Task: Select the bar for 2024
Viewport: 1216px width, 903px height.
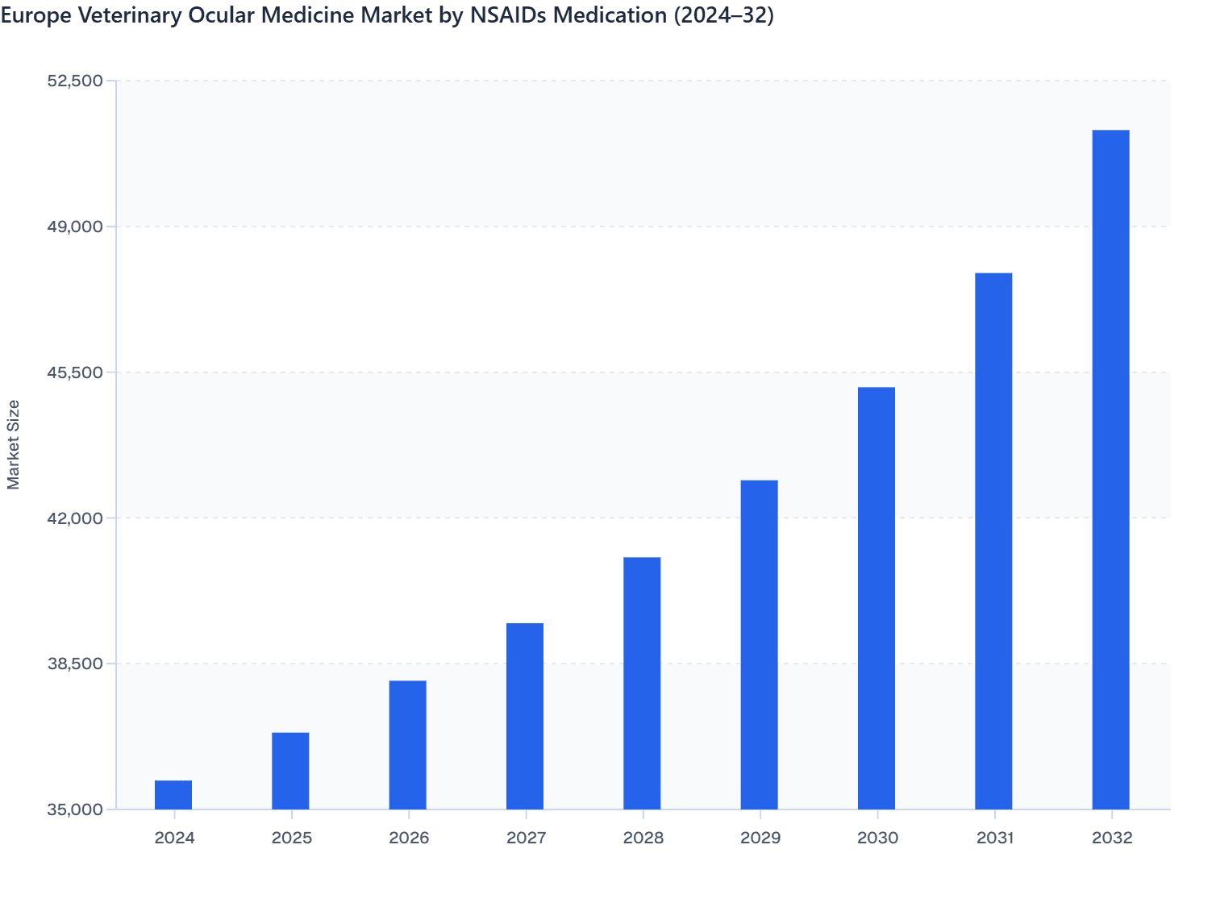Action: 173,795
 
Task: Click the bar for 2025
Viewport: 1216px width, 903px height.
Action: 290,771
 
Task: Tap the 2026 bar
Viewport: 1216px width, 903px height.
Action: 408,745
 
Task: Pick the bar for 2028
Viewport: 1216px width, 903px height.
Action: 642,683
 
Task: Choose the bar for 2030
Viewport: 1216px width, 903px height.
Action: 877,598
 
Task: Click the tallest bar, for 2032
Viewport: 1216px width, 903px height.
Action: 1110,469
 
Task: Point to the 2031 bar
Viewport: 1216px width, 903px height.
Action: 993,541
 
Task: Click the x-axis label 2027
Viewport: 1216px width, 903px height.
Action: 526,838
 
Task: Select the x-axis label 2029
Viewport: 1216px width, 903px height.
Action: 760,838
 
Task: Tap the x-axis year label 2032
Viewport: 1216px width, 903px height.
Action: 1112,838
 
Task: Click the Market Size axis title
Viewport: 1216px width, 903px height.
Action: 14,444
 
